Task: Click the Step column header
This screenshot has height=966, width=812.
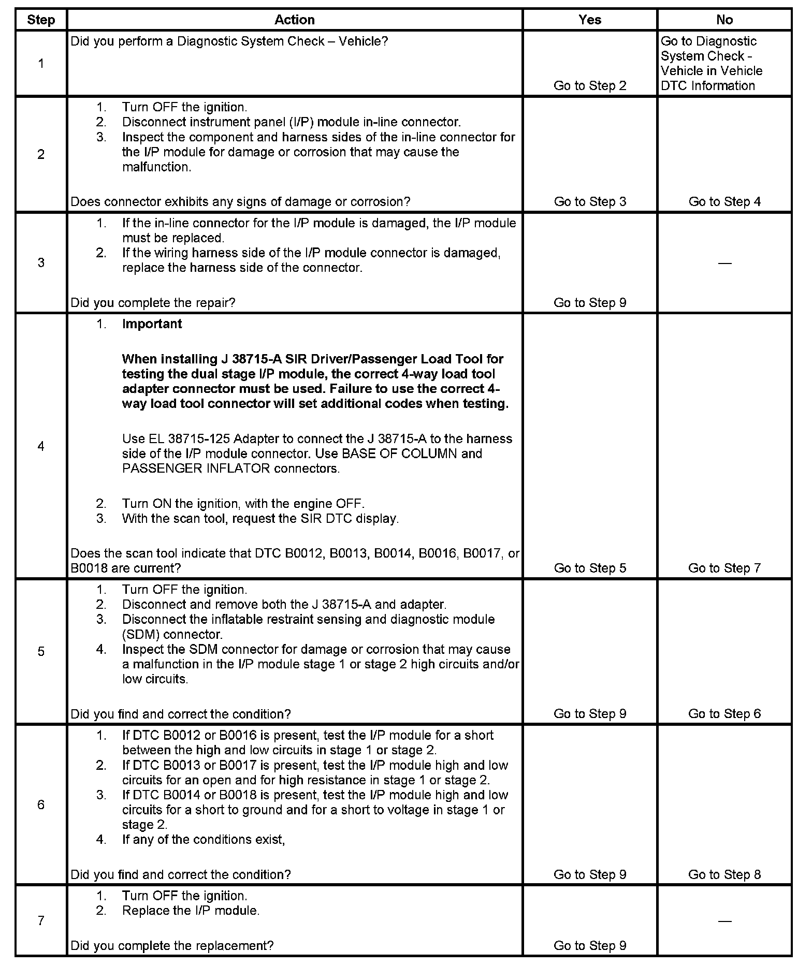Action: coord(41,20)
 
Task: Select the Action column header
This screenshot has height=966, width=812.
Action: coord(294,20)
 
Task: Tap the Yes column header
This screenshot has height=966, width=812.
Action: coord(590,20)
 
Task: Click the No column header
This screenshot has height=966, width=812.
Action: coord(724,20)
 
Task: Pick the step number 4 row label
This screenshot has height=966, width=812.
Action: coord(41,446)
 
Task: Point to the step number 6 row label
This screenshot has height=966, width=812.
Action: coord(41,804)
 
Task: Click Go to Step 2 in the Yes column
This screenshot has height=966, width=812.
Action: coord(590,86)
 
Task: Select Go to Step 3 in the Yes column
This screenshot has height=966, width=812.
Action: coord(590,202)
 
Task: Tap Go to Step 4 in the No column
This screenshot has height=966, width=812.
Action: coord(724,202)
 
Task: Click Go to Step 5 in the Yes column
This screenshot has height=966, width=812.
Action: coord(590,568)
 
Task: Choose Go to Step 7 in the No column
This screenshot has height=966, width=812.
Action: coord(724,568)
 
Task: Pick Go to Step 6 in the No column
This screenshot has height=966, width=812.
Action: coord(724,714)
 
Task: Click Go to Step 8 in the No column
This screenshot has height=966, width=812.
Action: coord(724,875)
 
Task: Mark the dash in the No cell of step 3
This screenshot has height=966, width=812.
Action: coord(724,264)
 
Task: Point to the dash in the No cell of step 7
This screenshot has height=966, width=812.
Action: coord(724,921)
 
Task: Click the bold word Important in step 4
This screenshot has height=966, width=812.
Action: coord(152,324)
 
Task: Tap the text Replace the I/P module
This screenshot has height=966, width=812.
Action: coord(191,911)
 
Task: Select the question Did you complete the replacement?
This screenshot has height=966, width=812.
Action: coord(172,946)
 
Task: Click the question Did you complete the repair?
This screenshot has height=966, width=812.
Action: coord(153,303)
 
